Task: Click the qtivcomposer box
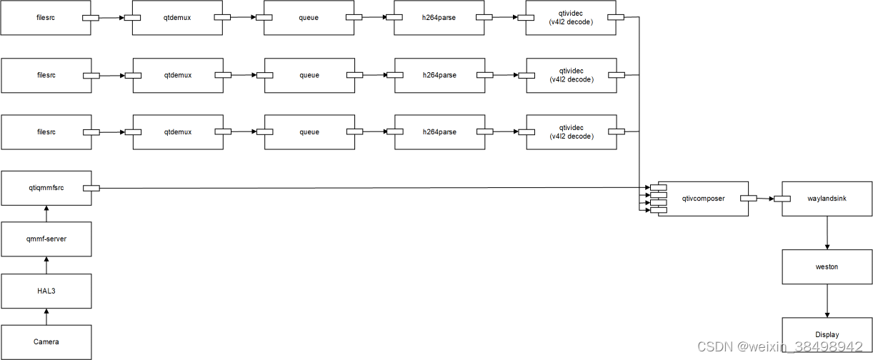pos(703,199)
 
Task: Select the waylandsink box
pos(827,199)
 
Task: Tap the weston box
pos(827,266)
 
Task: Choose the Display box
pos(827,334)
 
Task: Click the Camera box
pos(46,342)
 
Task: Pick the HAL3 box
pos(46,291)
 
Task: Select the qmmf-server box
pos(46,239)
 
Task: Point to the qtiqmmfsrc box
pos(46,188)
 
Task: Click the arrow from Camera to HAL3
pos(46,316)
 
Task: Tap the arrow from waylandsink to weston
pos(827,233)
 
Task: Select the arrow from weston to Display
pos(827,301)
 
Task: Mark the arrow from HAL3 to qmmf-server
pos(46,265)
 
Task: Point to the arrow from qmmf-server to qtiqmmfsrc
pos(46,214)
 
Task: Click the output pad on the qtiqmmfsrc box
pos(91,188)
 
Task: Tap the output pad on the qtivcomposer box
pos(749,199)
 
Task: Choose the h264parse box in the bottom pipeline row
pos(439,132)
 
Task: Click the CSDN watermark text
pos(780,347)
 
